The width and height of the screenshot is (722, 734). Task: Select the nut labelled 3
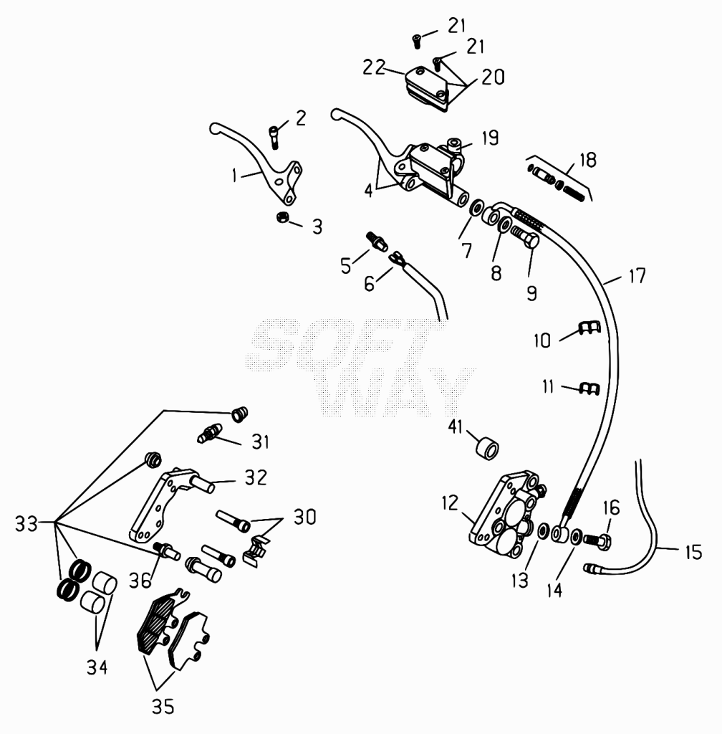[282, 217]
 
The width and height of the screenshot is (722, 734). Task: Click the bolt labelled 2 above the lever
[274, 138]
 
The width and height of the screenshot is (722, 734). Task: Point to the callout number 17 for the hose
[637, 276]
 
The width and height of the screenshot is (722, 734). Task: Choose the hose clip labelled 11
[589, 389]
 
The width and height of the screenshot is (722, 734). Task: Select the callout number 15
[694, 552]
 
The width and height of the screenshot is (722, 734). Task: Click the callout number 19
[490, 138]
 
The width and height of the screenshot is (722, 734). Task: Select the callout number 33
[27, 523]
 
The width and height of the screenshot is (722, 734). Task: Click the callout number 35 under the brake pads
[163, 706]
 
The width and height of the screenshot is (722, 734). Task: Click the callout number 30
[305, 517]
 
